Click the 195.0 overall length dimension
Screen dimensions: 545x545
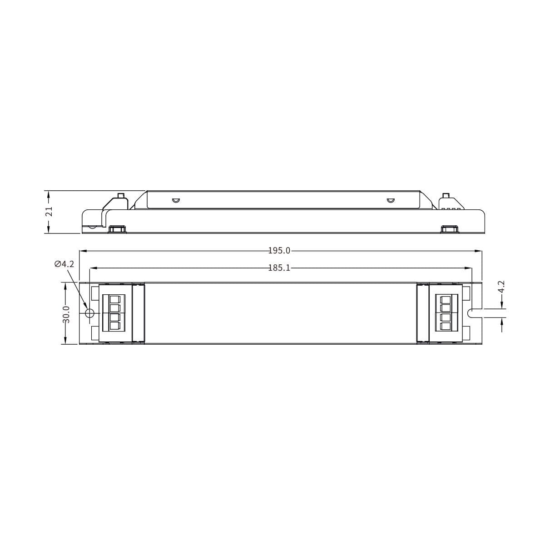[279, 251]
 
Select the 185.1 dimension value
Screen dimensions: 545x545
[279, 268]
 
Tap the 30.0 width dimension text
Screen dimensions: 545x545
[66, 314]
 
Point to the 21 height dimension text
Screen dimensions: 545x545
[50, 212]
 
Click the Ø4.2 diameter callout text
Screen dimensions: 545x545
[64, 264]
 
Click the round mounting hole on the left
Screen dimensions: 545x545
[89, 313]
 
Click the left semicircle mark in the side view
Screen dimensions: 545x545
[175, 200]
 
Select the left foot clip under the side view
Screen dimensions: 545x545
[117, 228]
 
